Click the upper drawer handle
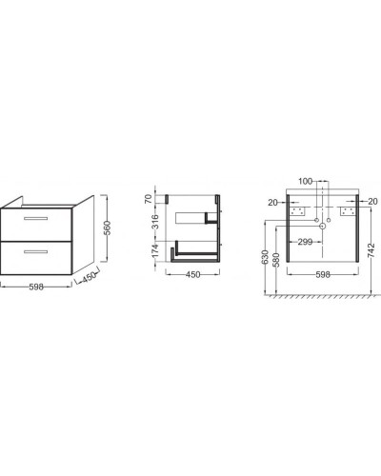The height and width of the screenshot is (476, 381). [36, 220]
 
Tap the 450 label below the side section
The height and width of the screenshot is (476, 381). [190, 277]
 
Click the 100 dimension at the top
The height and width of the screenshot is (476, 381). [305, 180]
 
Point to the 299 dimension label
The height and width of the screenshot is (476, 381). [307, 243]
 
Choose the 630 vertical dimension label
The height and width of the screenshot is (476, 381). [262, 257]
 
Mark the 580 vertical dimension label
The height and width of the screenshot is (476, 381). [276, 262]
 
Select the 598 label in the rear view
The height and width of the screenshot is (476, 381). [322, 276]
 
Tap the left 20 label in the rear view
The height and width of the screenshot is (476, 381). [272, 202]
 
